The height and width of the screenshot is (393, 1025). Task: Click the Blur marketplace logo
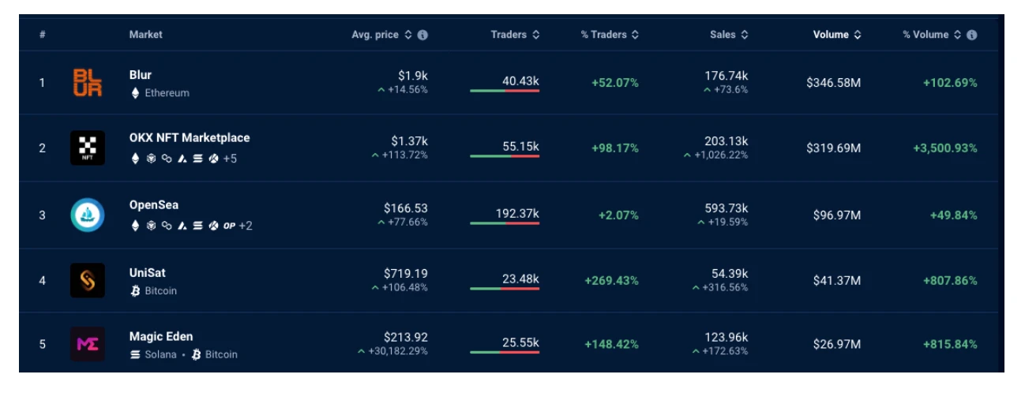(88, 83)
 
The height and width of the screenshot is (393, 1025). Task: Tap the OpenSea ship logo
(88, 215)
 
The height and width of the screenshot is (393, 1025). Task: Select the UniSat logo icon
(88, 281)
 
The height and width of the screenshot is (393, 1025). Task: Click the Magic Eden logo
(88, 344)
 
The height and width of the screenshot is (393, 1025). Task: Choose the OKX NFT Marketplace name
(190, 138)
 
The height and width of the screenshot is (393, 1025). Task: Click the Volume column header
(831, 35)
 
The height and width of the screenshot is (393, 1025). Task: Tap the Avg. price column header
(375, 35)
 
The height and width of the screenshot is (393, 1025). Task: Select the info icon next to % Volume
(971, 35)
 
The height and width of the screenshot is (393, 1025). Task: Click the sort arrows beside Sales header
(744, 35)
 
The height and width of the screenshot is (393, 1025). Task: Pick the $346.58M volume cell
(833, 83)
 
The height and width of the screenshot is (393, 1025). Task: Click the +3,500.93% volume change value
(944, 148)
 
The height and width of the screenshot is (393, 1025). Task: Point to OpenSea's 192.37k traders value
(520, 214)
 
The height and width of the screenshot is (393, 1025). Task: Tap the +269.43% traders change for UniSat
(611, 281)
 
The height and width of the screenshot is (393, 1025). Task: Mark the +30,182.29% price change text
(398, 350)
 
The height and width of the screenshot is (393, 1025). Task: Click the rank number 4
(43, 281)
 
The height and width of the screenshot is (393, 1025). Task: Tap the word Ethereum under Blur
(167, 93)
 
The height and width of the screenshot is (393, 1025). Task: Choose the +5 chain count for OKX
(230, 159)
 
